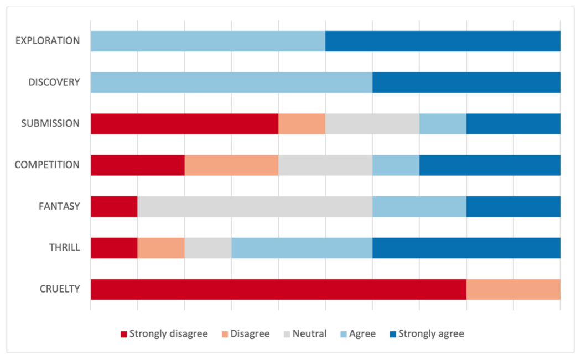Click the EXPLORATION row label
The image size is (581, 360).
[x=48, y=41]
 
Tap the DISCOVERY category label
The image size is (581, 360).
[x=54, y=82]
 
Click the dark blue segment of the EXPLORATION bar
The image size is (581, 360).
[x=443, y=41]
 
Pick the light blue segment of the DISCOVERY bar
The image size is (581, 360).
[x=231, y=82]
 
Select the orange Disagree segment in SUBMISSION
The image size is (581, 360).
[x=302, y=124]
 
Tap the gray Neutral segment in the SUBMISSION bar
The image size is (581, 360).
[x=372, y=124]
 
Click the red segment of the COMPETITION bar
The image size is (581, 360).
[x=137, y=165]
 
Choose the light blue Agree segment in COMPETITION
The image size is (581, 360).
[x=396, y=165]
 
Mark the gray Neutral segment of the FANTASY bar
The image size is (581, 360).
[x=255, y=206]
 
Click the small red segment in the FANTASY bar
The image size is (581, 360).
[x=114, y=206]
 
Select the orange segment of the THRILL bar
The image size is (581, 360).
[x=160, y=248]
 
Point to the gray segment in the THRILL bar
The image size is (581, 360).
[x=207, y=248]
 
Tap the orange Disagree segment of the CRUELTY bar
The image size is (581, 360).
[x=513, y=289]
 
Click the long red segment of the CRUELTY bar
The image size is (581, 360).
[x=278, y=289]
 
